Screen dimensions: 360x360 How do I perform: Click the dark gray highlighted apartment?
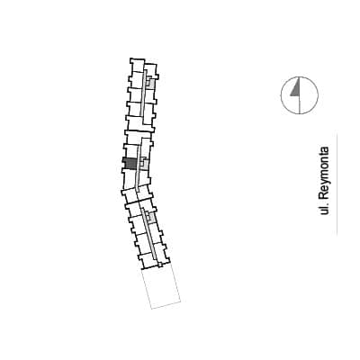coord(130,164)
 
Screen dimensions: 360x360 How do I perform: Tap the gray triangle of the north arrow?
coord(296,90)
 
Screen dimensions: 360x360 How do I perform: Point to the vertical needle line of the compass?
coord(300,95)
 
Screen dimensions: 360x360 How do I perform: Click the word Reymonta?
coord(324,173)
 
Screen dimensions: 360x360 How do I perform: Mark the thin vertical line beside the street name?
coord(337,184)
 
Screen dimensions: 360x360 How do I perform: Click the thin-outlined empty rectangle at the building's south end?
coord(161,287)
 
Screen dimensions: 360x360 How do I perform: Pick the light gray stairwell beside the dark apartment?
coord(145,163)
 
